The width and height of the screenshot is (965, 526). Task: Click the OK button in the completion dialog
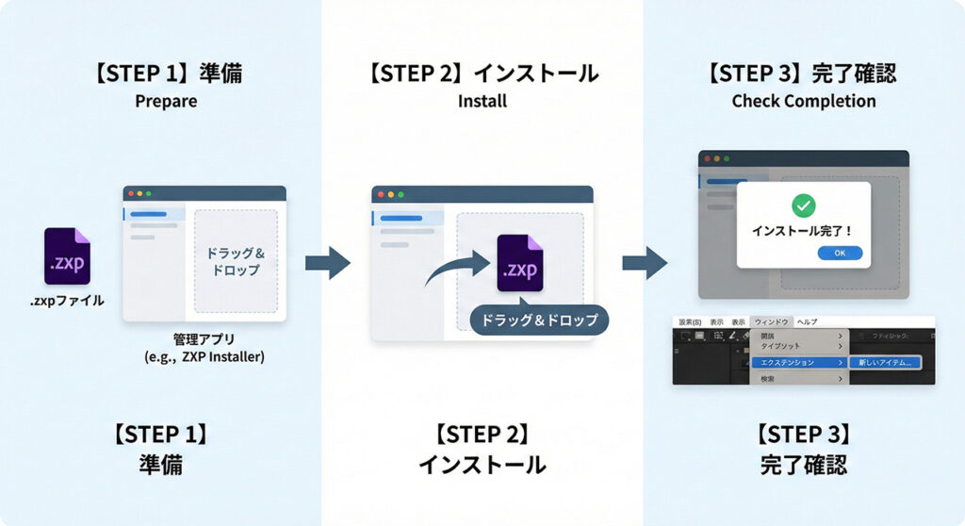pyautogui.click(x=840, y=253)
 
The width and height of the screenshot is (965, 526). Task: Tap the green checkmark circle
pyautogui.click(x=804, y=205)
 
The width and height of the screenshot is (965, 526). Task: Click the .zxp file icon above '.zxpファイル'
pyautogui.click(x=67, y=256)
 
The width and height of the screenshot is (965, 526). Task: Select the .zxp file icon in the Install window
pyautogui.click(x=520, y=263)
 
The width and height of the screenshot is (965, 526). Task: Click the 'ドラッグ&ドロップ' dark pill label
pyautogui.click(x=539, y=321)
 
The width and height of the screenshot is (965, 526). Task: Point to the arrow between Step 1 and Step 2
pyautogui.click(x=327, y=262)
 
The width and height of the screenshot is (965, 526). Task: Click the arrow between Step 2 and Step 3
pyautogui.click(x=645, y=262)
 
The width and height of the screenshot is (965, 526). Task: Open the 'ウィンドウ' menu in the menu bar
pyautogui.click(x=771, y=321)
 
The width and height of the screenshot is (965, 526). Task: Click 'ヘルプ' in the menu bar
pyautogui.click(x=807, y=321)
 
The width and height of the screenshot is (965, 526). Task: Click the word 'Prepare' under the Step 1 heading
pyautogui.click(x=166, y=101)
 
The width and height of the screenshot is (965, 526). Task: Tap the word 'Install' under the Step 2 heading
pyautogui.click(x=482, y=101)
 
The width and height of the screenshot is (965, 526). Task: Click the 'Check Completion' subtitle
pyautogui.click(x=804, y=101)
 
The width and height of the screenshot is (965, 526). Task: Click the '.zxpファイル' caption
pyautogui.click(x=68, y=301)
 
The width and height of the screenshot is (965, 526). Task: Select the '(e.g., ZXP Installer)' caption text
pyautogui.click(x=204, y=356)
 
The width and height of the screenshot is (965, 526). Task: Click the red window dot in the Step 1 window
pyautogui.click(x=130, y=193)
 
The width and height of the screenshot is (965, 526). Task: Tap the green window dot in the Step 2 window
pyautogui.click(x=401, y=194)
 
